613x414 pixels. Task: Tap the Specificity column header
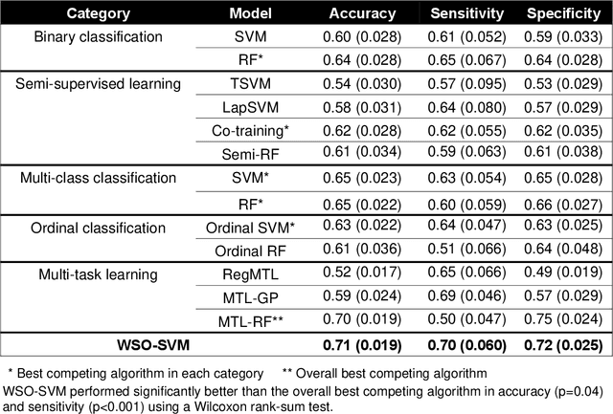[564, 14]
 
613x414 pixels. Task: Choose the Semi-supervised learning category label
[99, 83]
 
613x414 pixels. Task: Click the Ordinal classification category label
[88, 228]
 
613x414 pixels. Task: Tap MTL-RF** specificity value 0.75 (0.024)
[564, 319]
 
